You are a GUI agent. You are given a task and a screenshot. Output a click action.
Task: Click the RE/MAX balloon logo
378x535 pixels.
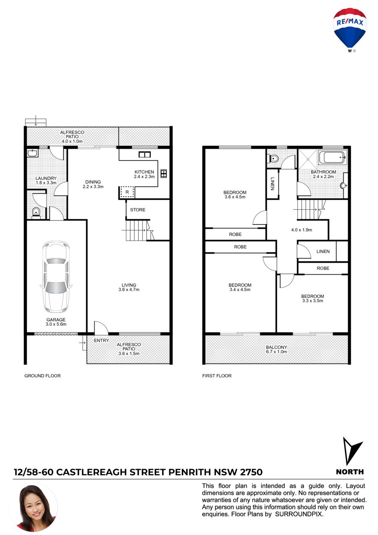(x=349, y=29)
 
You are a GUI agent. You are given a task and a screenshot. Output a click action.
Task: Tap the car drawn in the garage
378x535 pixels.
(x=56, y=277)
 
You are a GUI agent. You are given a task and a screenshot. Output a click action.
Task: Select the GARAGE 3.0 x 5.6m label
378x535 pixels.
(x=56, y=322)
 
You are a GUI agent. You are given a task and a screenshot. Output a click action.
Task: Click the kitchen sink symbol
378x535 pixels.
(x=144, y=155)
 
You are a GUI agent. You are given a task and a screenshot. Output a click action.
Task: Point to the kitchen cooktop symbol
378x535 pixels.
(x=163, y=174)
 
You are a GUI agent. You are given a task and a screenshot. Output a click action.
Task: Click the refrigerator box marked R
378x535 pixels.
(x=127, y=192)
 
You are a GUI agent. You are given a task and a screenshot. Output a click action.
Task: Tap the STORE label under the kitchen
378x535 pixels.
(x=138, y=210)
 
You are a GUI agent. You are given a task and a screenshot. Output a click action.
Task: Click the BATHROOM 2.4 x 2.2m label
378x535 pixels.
(x=323, y=174)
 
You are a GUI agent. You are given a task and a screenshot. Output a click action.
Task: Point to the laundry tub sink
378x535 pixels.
(x=32, y=153)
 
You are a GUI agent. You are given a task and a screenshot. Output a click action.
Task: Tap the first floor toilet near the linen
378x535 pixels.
(x=273, y=158)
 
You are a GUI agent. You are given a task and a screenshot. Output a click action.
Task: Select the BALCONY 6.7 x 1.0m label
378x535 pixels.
(x=276, y=349)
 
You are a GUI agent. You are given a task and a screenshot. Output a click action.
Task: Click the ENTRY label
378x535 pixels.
(x=101, y=340)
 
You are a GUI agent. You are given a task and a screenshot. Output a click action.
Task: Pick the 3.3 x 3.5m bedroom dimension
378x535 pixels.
(x=312, y=300)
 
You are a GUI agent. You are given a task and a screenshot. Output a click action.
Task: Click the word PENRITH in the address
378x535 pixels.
(x=190, y=472)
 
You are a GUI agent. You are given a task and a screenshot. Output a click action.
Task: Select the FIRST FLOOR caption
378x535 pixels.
(x=217, y=376)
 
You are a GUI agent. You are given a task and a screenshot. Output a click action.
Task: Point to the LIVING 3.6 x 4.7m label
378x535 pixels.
(x=129, y=287)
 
